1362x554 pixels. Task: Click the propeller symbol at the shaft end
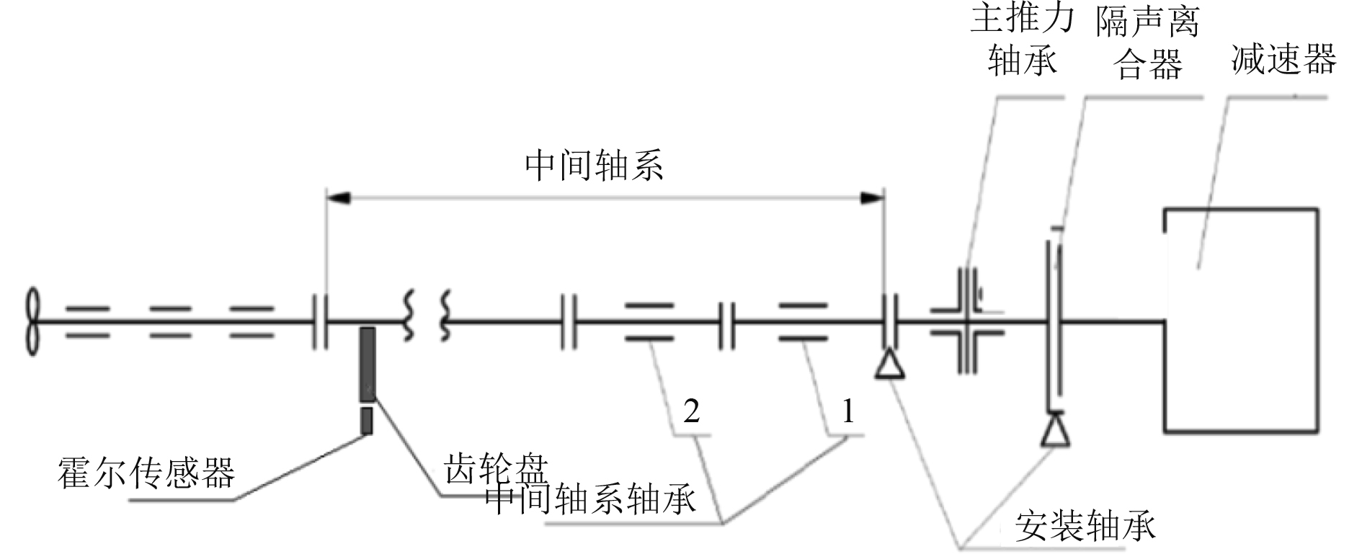(x=32, y=321)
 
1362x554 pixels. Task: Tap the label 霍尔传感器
(x=146, y=474)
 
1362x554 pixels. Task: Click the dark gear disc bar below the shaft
(x=368, y=364)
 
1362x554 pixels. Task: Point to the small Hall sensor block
(x=367, y=421)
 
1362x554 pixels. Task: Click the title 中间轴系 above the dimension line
(x=594, y=166)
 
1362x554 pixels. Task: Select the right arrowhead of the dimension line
(x=873, y=197)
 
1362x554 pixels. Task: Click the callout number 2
(x=691, y=411)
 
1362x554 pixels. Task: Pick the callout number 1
(x=848, y=411)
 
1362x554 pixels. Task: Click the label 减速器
(x=1283, y=59)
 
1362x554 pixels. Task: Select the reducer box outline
(x=1241, y=321)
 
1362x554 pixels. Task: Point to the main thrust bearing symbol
(x=967, y=321)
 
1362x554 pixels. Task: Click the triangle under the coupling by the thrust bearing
(x=889, y=364)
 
